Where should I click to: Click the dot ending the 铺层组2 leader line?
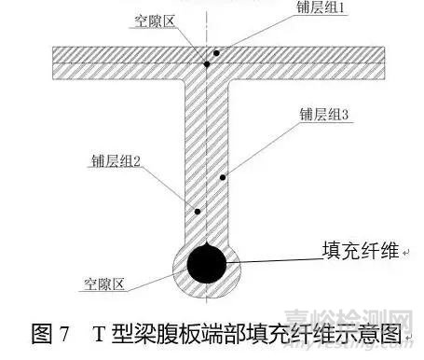click(198, 212)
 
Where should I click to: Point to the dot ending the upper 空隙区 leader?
click(207, 63)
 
